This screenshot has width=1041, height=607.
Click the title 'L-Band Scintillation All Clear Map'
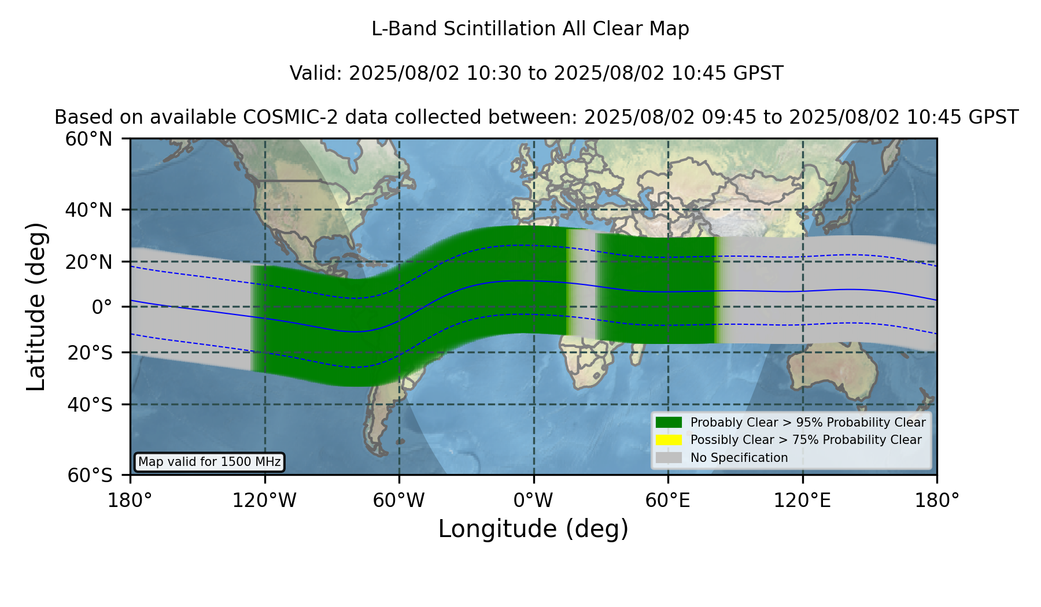(530, 29)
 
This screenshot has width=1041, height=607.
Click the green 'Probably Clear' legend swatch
(669, 422)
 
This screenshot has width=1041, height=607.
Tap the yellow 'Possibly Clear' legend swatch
(669, 440)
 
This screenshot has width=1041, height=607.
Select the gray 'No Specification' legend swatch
(669, 458)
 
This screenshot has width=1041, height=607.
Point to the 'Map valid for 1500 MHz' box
(209, 462)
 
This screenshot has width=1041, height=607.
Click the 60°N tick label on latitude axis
(88, 139)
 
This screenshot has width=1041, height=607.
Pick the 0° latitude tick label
(102, 307)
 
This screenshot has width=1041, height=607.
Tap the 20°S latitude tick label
(90, 353)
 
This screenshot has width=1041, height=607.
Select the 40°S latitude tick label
(90, 405)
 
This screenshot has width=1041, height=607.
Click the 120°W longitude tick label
(264, 501)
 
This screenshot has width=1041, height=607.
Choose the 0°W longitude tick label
(533, 501)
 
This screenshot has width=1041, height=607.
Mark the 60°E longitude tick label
(668, 501)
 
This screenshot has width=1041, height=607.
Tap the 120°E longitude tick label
(802, 501)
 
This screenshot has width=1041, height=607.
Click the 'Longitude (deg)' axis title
(533, 529)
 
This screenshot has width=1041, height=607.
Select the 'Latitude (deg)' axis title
(36, 306)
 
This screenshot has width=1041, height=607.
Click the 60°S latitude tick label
(90, 475)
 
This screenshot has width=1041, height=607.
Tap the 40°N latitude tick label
(88, 210)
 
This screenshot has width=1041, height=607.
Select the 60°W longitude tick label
(399, 501)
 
